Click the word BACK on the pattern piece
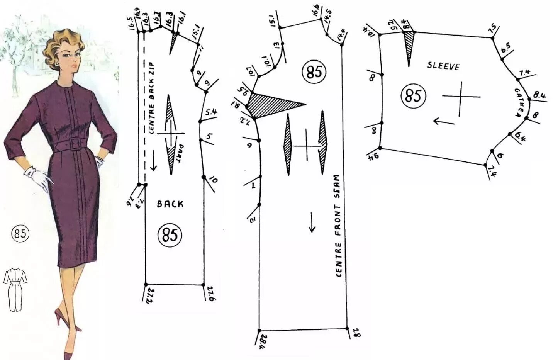[170, 204]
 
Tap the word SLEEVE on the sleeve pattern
[443, 66]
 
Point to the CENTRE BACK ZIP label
[152, 98]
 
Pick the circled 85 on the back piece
[170, 235]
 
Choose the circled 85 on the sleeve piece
[413, 96]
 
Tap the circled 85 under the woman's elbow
[20, 234]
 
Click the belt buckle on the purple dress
[75, 144]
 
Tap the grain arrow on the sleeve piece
[444, 122]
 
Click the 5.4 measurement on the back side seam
[211, 113]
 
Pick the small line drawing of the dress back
[15, 290]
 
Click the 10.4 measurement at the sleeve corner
[369, 31]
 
